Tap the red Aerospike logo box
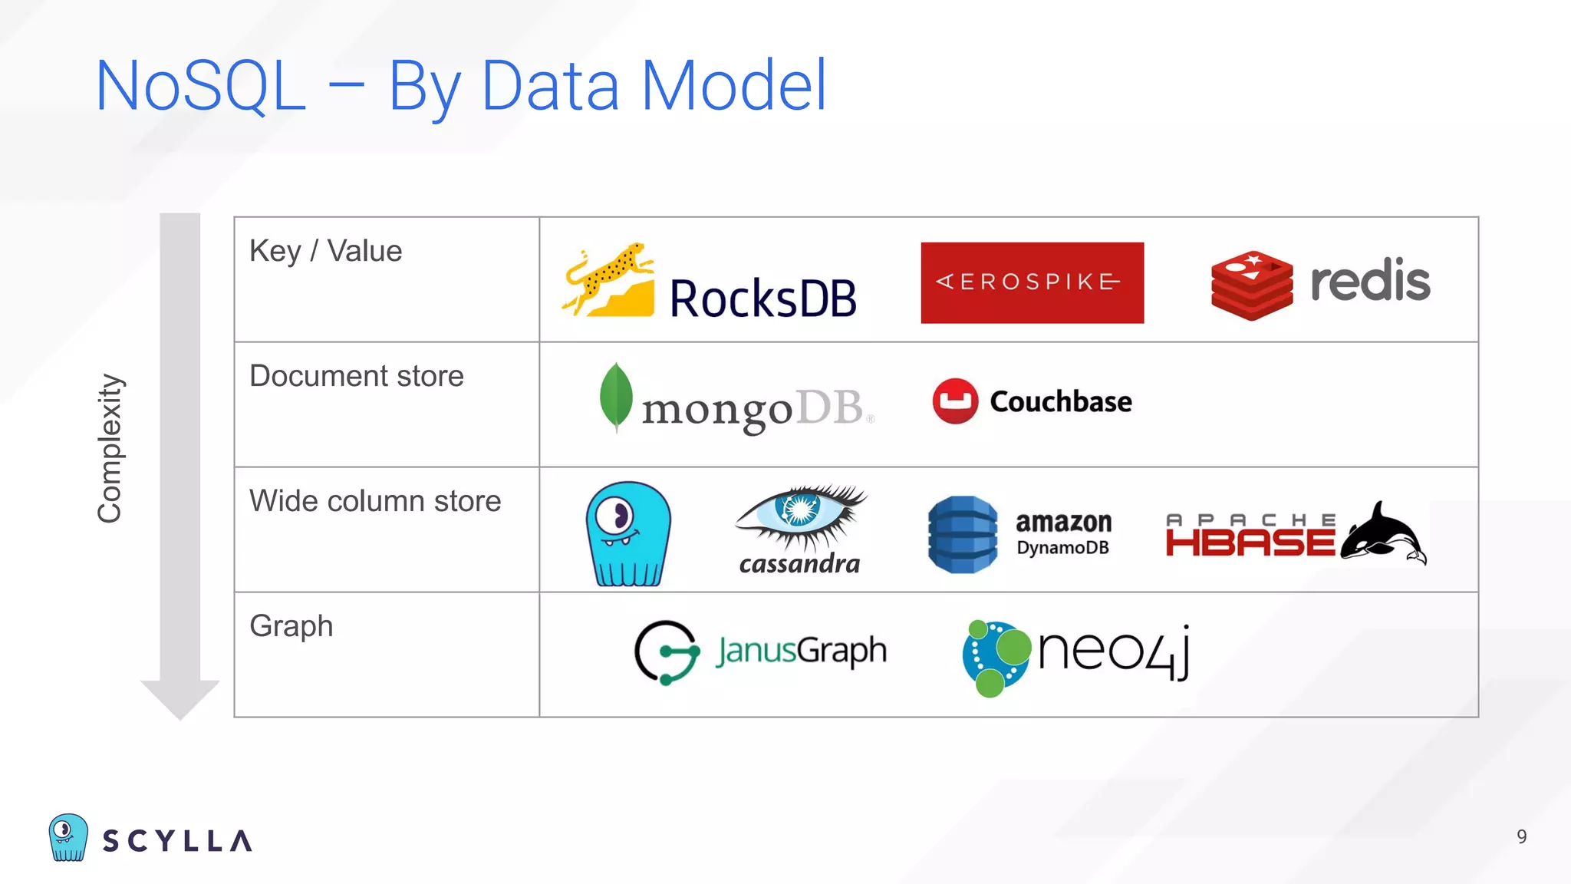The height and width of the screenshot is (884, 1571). [x=1032, y=282]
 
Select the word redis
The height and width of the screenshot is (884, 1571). [x=1370, y=281]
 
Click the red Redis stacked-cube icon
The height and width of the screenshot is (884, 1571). [x=1251, y=285]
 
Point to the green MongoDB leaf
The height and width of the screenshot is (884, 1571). [x=616, y=396]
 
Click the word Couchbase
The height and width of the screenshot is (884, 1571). [x=1061, y=401]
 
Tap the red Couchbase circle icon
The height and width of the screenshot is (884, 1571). [x=955, y=401]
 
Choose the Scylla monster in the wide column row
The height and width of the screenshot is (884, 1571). [x=628, y=534]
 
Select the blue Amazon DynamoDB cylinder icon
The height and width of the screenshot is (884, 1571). [x=963, y=534]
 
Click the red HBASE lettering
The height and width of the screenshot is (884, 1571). [x=1250, y=542]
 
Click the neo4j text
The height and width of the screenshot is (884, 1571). [x=1114, y=651]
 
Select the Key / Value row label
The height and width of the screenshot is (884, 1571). [x=325, y=251]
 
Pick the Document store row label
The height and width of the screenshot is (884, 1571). [x=357, y=376]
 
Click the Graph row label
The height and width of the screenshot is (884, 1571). [x=291, y=626]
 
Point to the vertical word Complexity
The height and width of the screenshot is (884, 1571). [x=110, y=449]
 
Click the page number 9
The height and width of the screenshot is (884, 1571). [x=1522, y=836]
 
